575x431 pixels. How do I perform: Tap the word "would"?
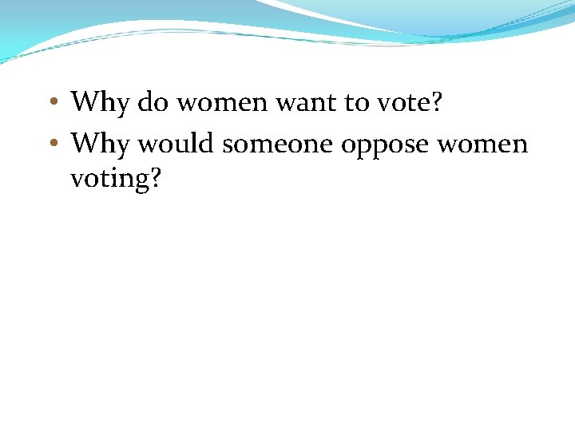pyautogui.click(x=176, y=144)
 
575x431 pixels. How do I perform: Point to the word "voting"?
pyautogui.click(x=109, y=179)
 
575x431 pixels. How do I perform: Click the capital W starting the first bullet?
pyautogui.click(x=84, y=102)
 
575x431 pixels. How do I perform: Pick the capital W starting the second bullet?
pyautogui.click(x=84, y=144)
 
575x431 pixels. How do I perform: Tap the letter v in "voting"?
pyautogui.click(x=77, y=179)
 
